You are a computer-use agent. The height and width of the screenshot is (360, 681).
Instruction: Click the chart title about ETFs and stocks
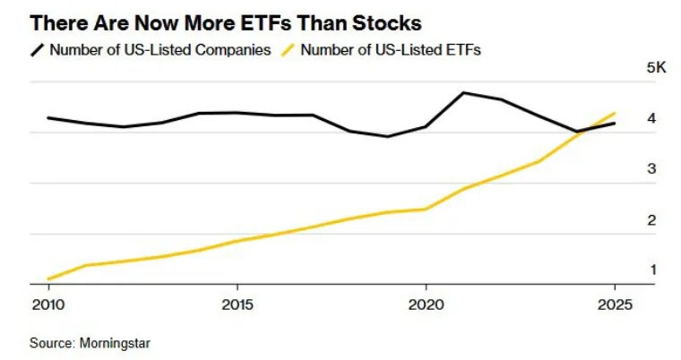tap(226, 22)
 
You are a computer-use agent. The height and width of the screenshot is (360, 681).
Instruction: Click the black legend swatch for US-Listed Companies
tap(38, 50)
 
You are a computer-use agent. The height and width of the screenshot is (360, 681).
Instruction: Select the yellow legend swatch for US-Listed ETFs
tap(288, 50)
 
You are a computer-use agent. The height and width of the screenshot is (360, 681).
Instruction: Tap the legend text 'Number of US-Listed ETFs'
tap(391, 49)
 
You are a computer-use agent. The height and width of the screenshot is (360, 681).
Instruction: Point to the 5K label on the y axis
tap(656, 67)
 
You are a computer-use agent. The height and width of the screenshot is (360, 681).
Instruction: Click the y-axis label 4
tap(651, 117)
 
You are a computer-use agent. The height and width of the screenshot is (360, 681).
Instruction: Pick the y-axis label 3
tap(651, 168)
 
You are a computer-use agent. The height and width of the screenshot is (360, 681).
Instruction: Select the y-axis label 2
tap(651, 219)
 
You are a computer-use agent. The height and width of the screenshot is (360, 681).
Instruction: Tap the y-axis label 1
tap(652, 270)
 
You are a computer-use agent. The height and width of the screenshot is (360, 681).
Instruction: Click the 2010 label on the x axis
tap(48, 304)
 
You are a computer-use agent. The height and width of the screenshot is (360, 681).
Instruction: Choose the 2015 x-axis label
tap(237, 304)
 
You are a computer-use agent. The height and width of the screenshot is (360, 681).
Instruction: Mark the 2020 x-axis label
tap(426, 304)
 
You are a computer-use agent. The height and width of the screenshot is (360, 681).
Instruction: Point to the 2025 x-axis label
tap(615, 304)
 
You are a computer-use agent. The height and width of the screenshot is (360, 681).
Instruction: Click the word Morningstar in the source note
tap(115, 343)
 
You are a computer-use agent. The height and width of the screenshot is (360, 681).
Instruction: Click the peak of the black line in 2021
tap(463, 92)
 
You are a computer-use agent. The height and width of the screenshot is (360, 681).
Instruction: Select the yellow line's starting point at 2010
tap(48, 279)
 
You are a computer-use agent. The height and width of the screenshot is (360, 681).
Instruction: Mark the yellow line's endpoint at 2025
tap(615, 114)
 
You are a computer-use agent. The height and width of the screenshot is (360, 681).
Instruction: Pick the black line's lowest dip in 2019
tap(388, 136)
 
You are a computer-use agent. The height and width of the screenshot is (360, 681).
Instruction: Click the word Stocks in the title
tap(386, 22)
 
